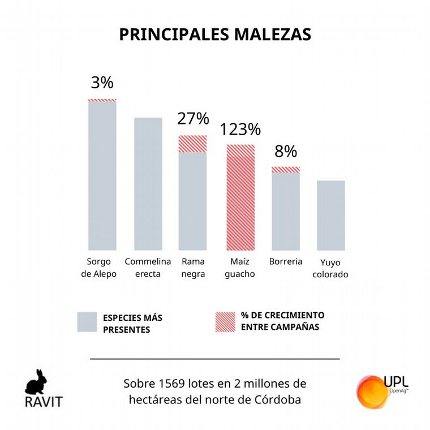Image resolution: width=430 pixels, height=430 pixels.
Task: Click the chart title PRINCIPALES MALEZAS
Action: pyautogui.click(x=215, y=34)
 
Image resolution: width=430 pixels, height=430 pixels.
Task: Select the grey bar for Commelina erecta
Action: pyautogui.click(x=148, y=184)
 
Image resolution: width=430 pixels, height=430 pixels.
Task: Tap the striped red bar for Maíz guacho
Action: pyautogui.click(x=240, y=197)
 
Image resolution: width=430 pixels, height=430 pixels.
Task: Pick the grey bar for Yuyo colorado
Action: pyautogui.click(x=330, y=215)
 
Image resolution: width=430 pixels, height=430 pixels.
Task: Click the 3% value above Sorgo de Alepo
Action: pyautogui.click(x=102, y=83)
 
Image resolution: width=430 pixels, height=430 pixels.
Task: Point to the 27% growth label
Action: pyautogui.click(x=193, y=119)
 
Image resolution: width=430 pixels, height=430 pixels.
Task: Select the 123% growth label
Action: pyautogui.click(x=240, y=130)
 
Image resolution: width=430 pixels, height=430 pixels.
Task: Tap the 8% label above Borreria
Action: pyautogui.click(x=286, y=152)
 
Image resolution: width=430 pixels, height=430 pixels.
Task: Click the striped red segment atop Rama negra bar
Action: pyautogui.click(x=193, y=144)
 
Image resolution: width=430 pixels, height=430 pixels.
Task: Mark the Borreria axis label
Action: pyautogui.click(x=286, y=262)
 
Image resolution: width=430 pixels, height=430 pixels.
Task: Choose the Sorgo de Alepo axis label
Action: pyautogui.click(x=102, y=268)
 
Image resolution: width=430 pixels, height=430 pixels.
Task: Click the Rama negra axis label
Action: pyautogui.click(x=193, y=268)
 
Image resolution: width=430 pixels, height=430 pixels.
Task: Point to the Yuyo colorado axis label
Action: pyautogui.click(x=330, y=269)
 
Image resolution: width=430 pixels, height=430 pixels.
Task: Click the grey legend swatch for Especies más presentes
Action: pyautogui.click(x=88, y=322)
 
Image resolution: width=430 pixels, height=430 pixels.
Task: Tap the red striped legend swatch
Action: pyautogui.click(x=226, y=322)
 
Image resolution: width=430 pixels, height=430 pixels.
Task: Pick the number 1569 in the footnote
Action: pyautogui.click(x=172, y=384)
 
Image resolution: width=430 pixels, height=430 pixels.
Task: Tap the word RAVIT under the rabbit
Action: pyautogui.click(x=43, y=402)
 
